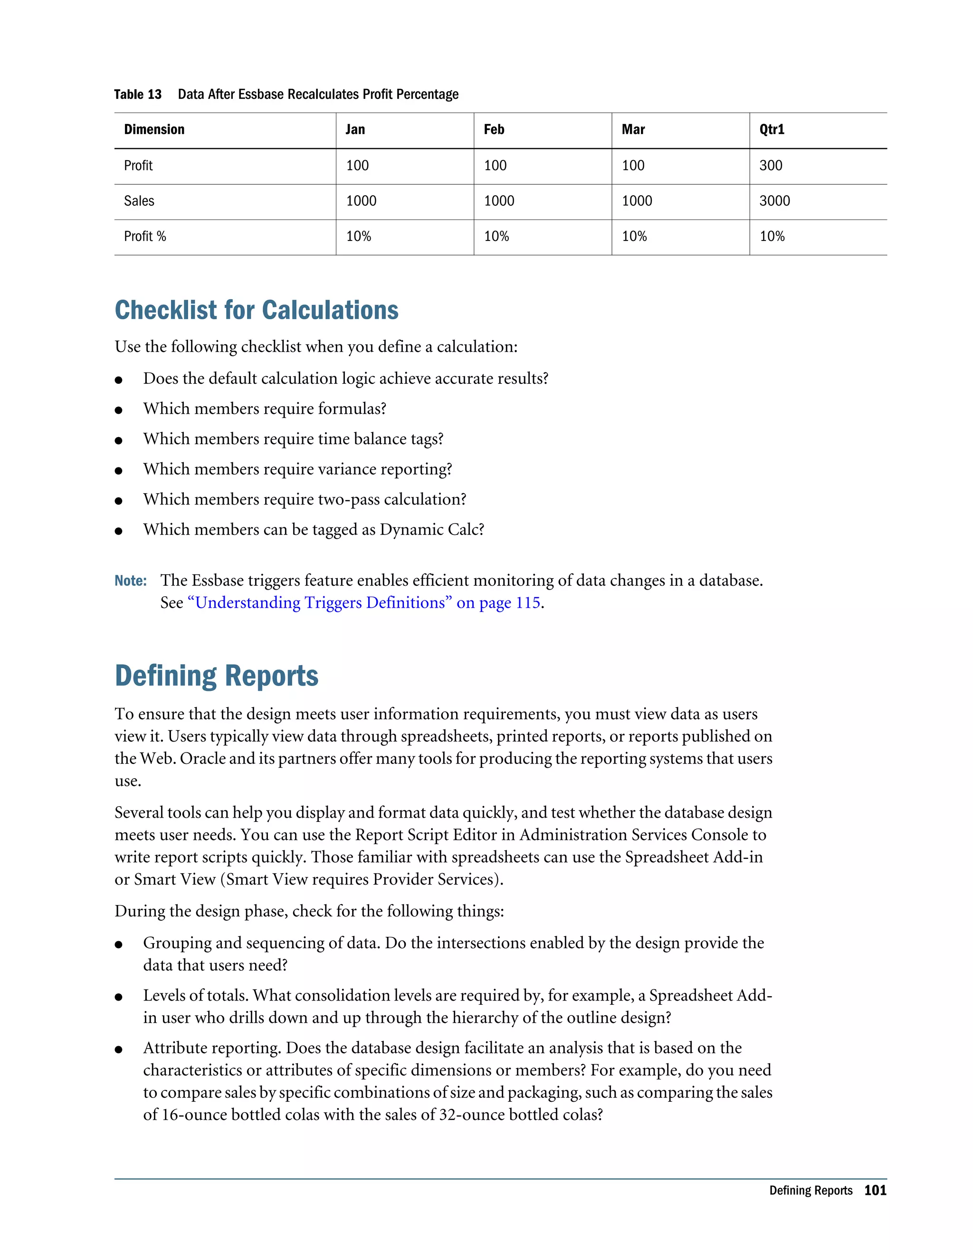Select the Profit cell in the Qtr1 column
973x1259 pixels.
click(x=771, y=166)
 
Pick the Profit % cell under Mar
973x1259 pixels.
click(x=634, y=236)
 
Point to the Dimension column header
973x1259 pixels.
click(x=154, y=130)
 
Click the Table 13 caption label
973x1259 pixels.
click(x=138, y=95)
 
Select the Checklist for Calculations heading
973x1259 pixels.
click(x=257, y=310)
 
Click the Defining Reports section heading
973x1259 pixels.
click(x=216, y=676)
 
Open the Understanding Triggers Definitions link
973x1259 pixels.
click(x=364, y=603)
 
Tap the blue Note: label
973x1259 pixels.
click(x=131, y=581)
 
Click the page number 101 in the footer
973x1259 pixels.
click(x=875, y=1191)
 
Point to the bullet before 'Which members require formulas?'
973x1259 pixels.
click(x=119, y=410)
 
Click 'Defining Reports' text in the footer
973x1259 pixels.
click(x=811, y=1191)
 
